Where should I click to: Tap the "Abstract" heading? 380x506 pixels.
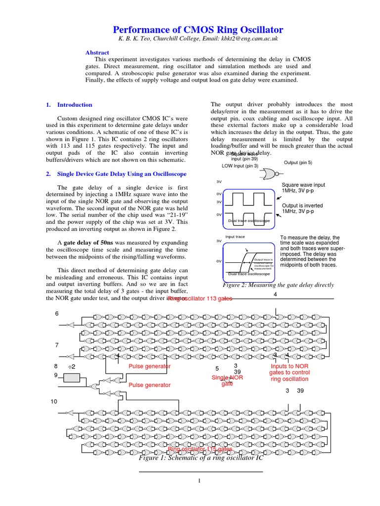[97, 52]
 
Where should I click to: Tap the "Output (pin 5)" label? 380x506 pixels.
[298, 163]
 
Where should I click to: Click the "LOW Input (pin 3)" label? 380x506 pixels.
[239, 166]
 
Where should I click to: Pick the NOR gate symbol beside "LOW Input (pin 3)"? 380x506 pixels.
[270, 173]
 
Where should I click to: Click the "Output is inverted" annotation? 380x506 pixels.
[302, 206]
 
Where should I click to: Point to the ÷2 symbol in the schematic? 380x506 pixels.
[71, 366]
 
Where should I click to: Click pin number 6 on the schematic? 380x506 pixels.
[56, 314]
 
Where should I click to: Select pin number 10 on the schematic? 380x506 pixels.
[54, 402]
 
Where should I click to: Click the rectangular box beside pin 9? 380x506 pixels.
[72, 378]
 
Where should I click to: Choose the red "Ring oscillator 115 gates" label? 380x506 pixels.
[200, 449]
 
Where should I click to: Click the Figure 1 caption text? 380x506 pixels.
[201, 458]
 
